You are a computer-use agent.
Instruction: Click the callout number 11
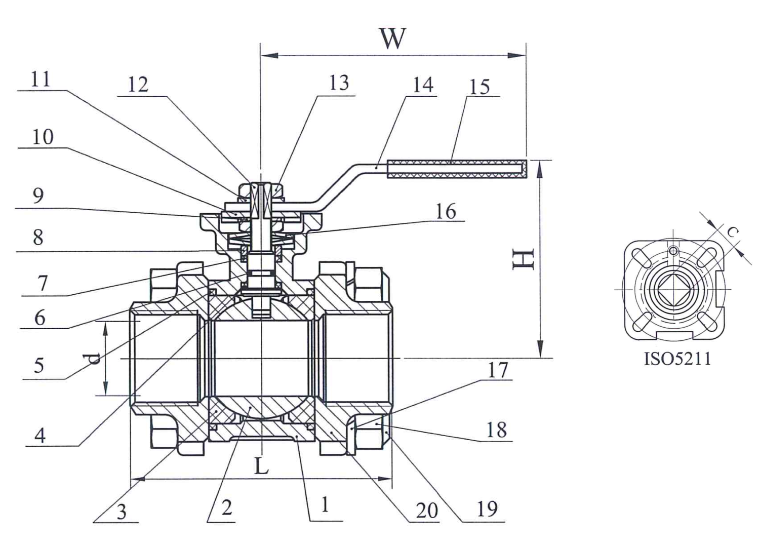coord(41,80)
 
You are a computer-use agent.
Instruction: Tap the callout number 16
coord(446,211)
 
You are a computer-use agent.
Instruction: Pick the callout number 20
coord(426,510)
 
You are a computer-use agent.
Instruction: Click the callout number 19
coord(487,509)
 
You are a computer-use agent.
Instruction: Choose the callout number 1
coord(325,504)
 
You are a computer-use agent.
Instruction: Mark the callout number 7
coord(43,283)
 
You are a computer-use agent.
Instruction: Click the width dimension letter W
coord(392,38)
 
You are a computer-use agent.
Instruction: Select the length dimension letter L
coord(261,466)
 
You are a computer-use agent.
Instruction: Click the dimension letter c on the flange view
coord(732,232)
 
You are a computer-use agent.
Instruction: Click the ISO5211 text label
coord(677,359)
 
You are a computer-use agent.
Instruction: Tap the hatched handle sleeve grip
coord(456,169)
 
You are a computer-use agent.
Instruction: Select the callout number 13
coord(339,83)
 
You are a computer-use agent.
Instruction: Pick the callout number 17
coord(497,370)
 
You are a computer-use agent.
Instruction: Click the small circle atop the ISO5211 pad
coord(673,251)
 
